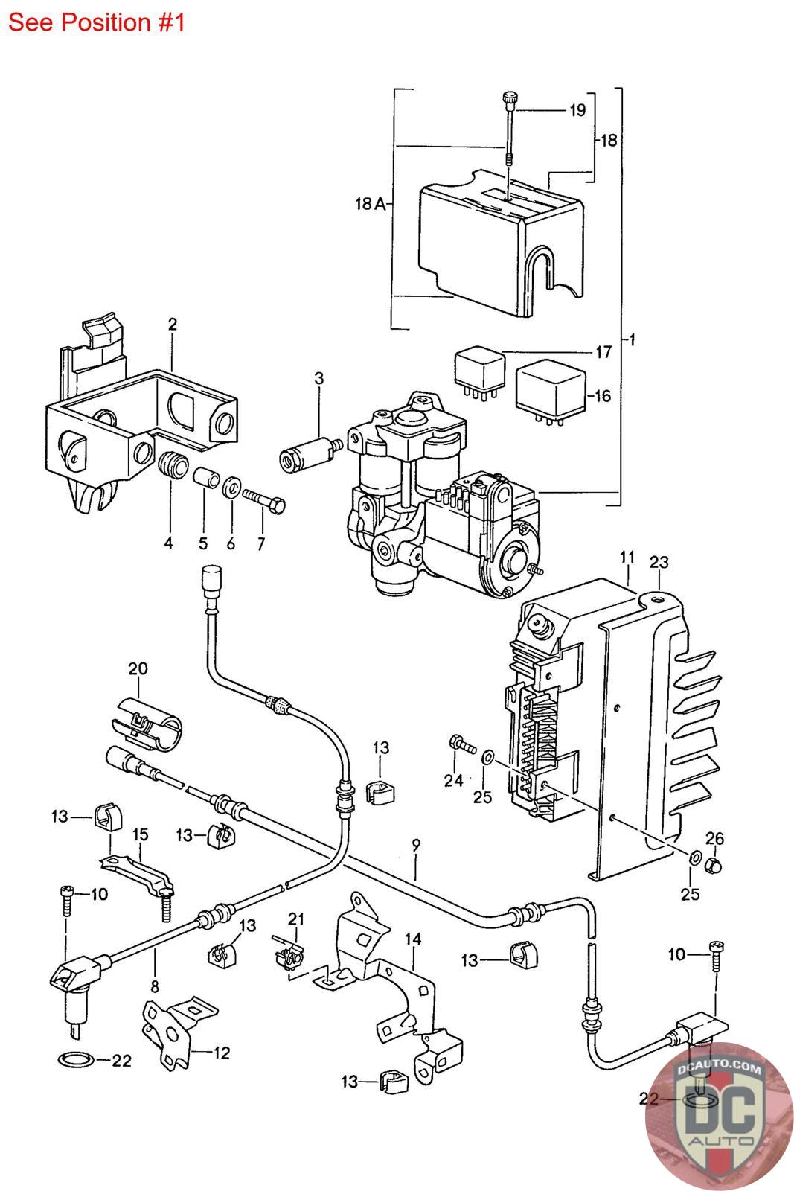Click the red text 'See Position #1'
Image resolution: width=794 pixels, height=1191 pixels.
(96, 23)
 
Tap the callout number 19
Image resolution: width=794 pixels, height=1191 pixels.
(577, 110)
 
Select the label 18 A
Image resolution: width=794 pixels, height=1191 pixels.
(370, 203)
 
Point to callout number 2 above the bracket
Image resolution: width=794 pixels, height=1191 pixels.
(172, 324)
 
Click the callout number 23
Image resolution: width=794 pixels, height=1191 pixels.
(659, 562)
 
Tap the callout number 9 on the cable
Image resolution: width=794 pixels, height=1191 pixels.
(415, 844)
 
